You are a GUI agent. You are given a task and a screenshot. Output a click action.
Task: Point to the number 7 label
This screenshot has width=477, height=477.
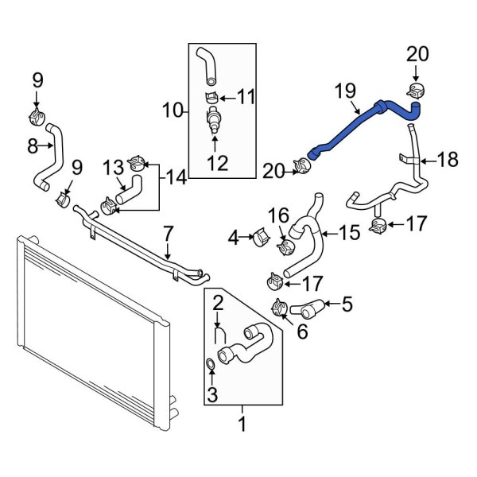tap(168, 233)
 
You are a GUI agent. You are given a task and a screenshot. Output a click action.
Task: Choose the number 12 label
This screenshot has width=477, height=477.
tap(217, 164)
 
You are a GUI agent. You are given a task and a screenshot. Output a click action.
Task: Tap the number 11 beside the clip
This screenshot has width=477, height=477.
tap(246, 97)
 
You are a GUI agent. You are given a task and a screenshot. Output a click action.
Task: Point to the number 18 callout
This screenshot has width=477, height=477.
tap(448, 160)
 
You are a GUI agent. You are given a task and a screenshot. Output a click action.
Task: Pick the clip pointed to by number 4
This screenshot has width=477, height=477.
tap(260, 238)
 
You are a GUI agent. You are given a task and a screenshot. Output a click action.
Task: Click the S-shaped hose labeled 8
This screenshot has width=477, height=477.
tap(49, 159)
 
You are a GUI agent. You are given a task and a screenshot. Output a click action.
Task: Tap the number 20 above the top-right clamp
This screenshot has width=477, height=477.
tap(417, 54)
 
